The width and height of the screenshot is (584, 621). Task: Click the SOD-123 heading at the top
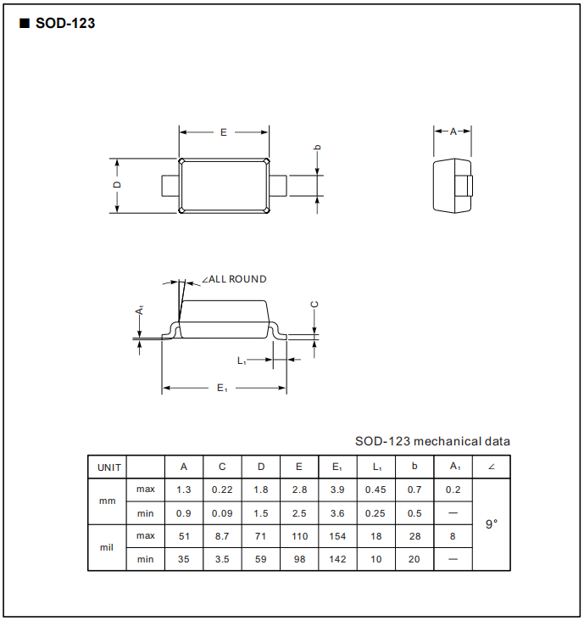pos(64,24)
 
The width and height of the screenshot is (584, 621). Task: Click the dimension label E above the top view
pos(224,132)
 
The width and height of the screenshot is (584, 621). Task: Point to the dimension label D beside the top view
pos(118,185)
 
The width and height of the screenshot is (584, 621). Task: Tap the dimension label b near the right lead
pos(318,148)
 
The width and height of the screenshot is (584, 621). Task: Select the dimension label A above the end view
pos(453,131)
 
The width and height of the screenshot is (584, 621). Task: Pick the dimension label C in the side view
pos(314,305)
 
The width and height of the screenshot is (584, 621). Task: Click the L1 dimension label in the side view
pos(242,361)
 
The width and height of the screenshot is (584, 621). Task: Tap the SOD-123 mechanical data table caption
pos(432,441)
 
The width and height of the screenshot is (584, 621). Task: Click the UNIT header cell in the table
pos(108,467)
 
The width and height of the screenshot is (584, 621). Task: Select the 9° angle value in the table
pos(492,524)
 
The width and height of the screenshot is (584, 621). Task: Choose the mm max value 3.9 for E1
pos(336,490)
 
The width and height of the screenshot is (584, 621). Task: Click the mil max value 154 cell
pos(336,536)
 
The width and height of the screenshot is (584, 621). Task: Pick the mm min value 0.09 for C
pos(222,513)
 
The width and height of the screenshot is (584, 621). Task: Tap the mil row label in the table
pos(107,547)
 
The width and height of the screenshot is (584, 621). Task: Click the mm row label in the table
pos(107,501)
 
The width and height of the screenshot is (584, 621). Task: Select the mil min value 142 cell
pos(336,559)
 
